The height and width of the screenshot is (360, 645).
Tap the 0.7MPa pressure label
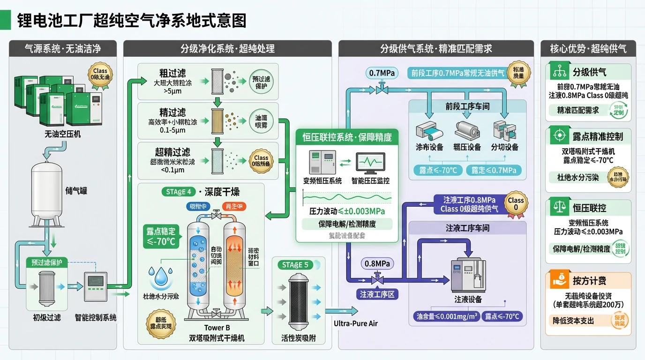(x=382, y=73)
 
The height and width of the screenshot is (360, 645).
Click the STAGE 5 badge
(x=295, y=265)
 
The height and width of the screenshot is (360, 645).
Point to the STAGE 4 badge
(x=179, y=192)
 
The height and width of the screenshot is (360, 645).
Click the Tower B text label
(x=217, y=328)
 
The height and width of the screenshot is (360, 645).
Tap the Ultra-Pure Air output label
(x=355, y=323)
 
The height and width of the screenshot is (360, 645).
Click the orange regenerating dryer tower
(x=235, y=265)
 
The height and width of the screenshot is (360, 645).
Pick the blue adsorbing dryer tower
(x=198, y=265)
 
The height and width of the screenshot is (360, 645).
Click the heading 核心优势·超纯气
(x=589, y=48)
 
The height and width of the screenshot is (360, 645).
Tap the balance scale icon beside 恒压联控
(x=558, y=208)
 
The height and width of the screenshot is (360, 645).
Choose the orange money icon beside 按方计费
(x=558, y=280)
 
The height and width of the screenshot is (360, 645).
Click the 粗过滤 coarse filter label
(x=172, y=73)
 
